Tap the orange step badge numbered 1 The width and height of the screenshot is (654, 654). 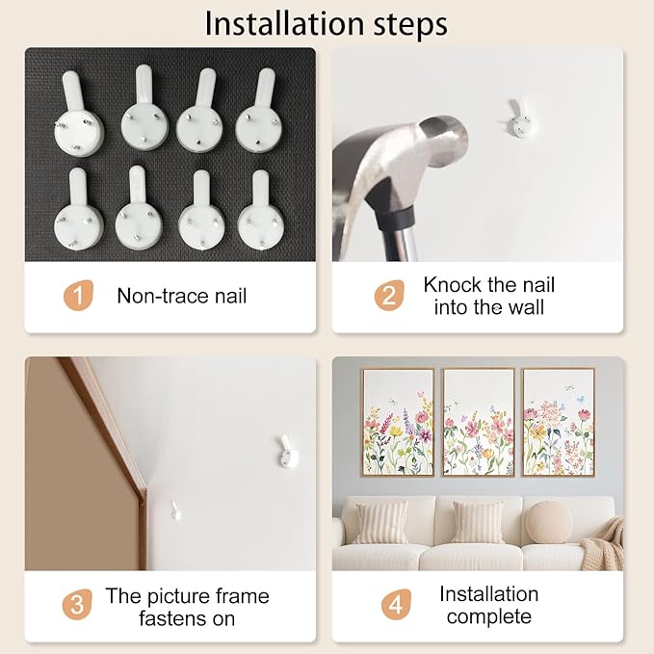point(78,296)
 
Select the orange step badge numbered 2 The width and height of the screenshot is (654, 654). point(389,296)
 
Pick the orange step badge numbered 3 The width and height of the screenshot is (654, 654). point(77,604)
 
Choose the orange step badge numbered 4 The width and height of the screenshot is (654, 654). point(396,604)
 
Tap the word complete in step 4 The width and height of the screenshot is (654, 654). point(489,616)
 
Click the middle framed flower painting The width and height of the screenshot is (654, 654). point(479,422)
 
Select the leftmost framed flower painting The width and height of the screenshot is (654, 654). point(398,422)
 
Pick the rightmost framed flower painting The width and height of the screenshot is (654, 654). point(559,422)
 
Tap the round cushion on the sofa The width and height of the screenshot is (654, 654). point(549,522)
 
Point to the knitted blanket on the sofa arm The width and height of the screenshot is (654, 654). point(604,542)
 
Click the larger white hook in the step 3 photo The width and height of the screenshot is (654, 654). point(287,452)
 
